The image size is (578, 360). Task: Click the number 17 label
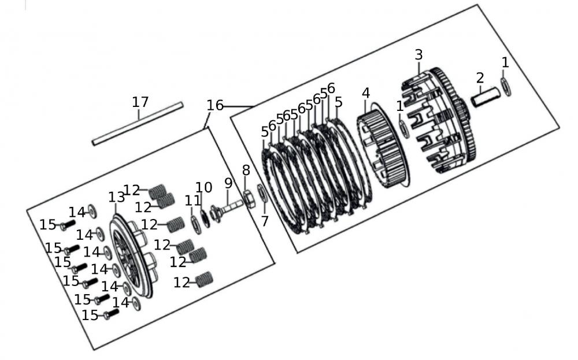click(140, 102)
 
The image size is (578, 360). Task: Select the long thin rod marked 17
click(138, 124)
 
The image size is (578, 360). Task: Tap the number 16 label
click(214, 106)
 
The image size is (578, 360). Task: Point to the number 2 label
click(480, 77)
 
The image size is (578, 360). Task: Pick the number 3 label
click(418, 55)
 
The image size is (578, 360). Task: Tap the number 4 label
click(365, 93)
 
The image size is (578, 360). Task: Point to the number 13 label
click(116, 197)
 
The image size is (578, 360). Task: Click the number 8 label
click(246, 170)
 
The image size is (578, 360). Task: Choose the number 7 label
click(265, 221)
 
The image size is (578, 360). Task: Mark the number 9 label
click(228, 184)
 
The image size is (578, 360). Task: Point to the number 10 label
click(203, 187)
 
